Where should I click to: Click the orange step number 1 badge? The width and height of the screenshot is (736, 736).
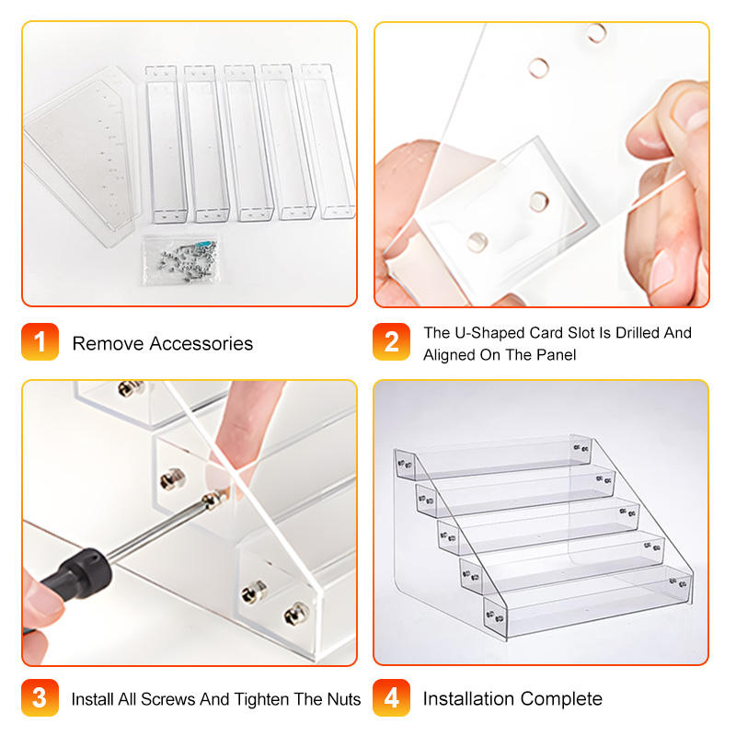[40, 341]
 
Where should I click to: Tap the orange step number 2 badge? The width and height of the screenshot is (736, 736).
[392, 341]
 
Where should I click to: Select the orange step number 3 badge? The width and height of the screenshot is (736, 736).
[40, 697]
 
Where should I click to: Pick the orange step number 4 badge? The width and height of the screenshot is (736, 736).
[392, 697]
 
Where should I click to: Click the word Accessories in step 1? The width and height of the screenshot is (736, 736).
[201, 343]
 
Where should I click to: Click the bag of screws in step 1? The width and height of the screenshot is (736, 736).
[180, 260]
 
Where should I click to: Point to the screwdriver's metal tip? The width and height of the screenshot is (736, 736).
[223, 494]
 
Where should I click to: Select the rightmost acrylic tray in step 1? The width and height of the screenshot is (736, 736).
[328, 142]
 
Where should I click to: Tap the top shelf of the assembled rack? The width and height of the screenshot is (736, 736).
[493, 457]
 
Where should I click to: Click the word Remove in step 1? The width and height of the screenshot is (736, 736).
[108, 343]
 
